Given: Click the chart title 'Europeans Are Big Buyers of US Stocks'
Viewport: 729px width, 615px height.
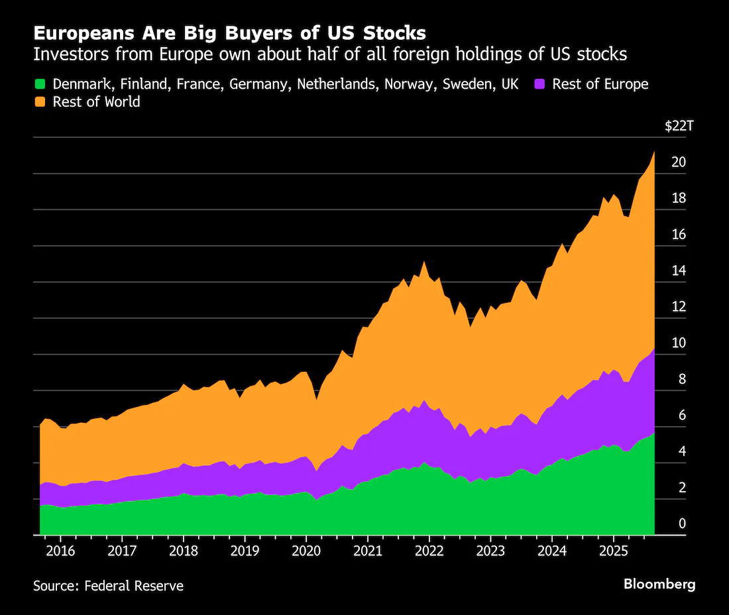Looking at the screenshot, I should point(229,33).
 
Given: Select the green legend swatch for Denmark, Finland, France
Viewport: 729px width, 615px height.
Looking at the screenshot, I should point(40,84).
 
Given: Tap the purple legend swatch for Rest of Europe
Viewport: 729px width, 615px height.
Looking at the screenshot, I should point(539,84).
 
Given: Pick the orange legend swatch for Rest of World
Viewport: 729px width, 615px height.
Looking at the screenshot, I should point(40,102).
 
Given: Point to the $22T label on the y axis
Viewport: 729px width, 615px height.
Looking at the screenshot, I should point(679,127).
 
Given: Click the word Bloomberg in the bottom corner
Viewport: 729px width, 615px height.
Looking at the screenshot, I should point(659,584).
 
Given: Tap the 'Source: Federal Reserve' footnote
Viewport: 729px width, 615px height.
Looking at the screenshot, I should point(108,586).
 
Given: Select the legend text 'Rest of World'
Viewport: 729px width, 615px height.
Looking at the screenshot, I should point(96,102).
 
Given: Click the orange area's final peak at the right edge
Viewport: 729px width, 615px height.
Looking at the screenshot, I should point(654,154).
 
